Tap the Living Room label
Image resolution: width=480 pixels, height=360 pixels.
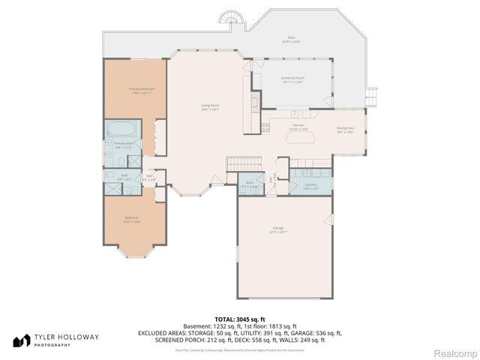click(x=210, y=107)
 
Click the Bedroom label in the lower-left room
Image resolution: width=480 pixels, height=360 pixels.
click(x=132, y=219)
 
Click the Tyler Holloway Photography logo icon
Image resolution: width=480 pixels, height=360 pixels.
click(x=20, y=339)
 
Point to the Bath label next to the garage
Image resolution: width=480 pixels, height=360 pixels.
click(x=250, y=183)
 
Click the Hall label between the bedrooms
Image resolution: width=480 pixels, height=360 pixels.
click(x=149, y=176)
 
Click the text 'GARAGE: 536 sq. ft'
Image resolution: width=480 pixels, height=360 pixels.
click(x=316, y=332)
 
